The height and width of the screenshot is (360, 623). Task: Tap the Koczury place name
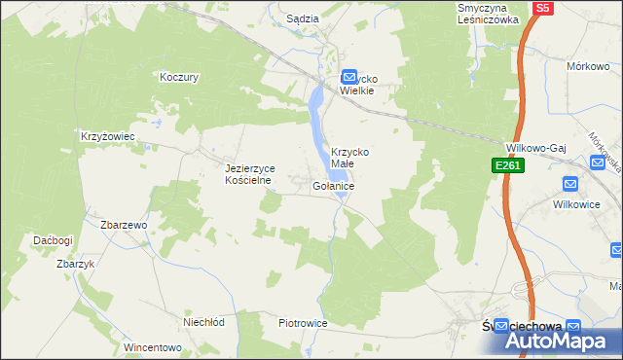pos(179,76)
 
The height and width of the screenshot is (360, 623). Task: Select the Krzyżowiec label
pos(107,136)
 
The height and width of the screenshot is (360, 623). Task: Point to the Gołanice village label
pos(334,185)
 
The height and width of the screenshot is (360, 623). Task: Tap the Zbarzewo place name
pos(124,225)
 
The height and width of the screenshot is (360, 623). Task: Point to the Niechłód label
pos(204,321)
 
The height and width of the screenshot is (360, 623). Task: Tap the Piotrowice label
pos(301,322)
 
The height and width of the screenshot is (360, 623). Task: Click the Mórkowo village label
pos(589,66)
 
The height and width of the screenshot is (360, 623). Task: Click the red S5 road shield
pos(542,8)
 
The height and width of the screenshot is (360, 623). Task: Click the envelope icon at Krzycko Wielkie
pos(348,77)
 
